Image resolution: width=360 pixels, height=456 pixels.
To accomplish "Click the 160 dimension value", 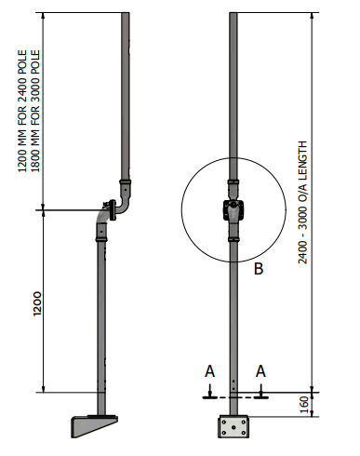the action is click(x=304, y=405).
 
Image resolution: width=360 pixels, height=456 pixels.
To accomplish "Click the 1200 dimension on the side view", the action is click(x=37, y=303).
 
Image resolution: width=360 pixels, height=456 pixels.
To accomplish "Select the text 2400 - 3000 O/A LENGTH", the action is click(x=302, y=203).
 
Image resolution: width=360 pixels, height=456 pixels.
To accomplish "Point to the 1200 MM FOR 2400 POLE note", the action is click(x=22, y=111).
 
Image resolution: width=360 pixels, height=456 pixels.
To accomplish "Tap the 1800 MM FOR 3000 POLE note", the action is click(x=35, y=111).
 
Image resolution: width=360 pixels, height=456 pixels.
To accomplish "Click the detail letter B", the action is click(x=259, y=269).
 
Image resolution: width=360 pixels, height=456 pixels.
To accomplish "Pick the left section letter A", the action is click(x=210, y=371).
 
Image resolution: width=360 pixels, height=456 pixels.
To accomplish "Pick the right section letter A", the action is click(x=260, y=371).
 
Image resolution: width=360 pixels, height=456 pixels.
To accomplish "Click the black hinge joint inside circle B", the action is click(x=233, y=210).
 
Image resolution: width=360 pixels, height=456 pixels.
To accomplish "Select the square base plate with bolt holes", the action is click(x=233, y=426).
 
